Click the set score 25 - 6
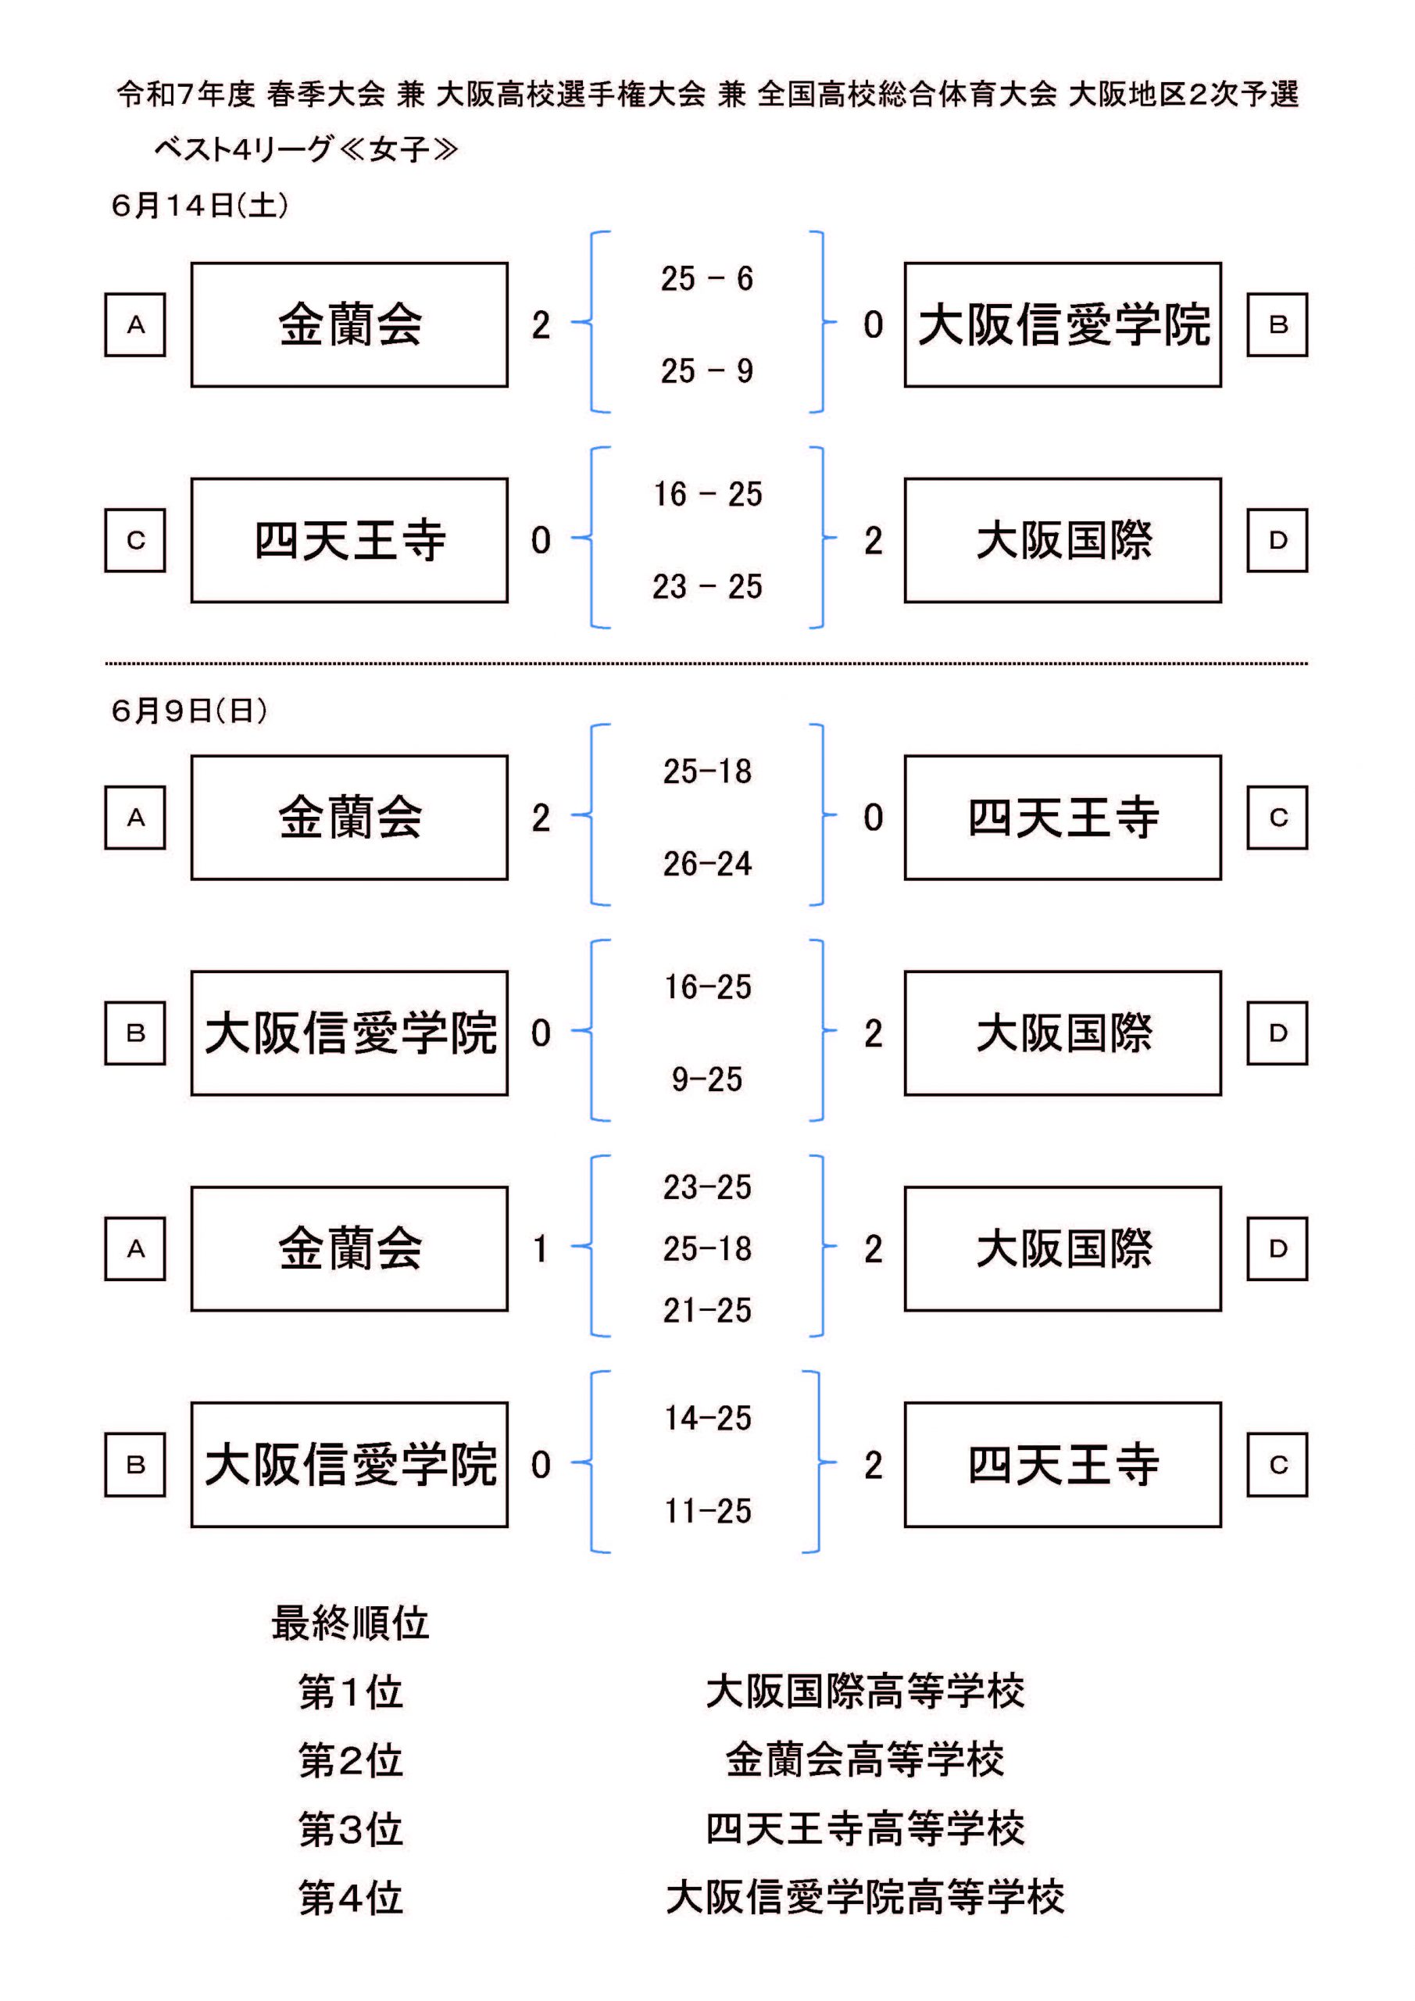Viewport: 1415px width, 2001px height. (706, 279)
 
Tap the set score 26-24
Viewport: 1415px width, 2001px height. (706, 864)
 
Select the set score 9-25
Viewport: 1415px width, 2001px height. (706, 1079)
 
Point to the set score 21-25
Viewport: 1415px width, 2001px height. (706, 1310)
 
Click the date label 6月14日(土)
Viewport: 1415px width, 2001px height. (199, 205)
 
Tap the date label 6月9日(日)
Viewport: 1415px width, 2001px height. (189, 711)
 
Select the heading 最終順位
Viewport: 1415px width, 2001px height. (350, 1623)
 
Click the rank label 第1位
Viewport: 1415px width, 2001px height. (350, 1692)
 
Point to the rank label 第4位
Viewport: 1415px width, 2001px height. (350, 1897)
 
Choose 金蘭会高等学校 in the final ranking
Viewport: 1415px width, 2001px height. (864, 1759)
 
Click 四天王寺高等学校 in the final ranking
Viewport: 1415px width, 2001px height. (864, 1828)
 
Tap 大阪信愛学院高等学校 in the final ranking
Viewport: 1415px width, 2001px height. (864, 1897)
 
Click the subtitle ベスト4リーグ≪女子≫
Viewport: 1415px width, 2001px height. (306, 149)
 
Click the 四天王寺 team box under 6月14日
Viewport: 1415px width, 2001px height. (349, 540)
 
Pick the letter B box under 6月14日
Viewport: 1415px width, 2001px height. (1277, 325)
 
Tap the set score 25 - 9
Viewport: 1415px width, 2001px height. (706, 371)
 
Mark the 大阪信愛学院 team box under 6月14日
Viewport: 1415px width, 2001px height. (1063, 325)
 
